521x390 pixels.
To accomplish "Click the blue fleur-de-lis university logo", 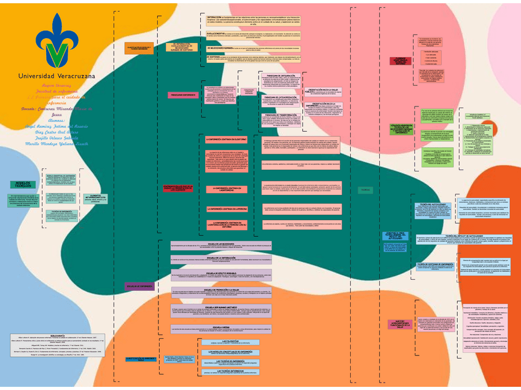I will tap(57, 40).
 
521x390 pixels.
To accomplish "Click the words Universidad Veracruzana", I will tap(57, 75).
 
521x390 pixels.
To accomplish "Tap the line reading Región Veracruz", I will tap(56, 85).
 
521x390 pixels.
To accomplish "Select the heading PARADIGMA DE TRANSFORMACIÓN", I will tap(280, 115).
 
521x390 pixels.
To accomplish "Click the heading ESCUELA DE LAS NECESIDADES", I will tap(221, 244).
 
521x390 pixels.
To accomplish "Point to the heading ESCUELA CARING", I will tap(221, 327).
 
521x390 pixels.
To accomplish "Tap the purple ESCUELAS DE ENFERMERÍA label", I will tap(138, 287).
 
